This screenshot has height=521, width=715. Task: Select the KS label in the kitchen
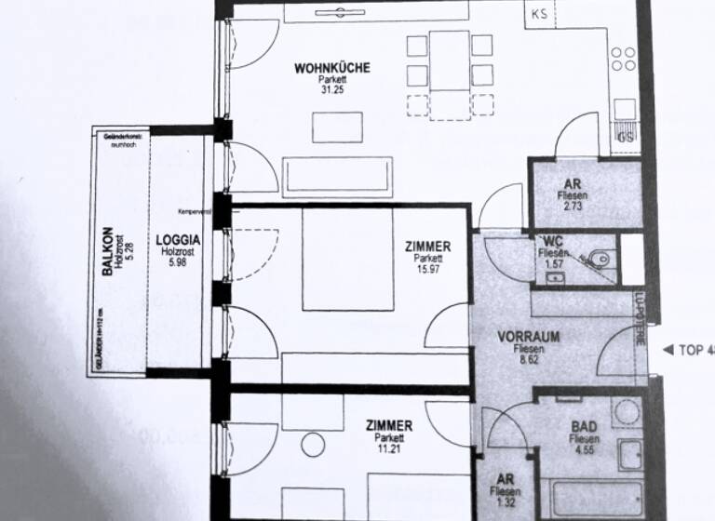coord(540,14)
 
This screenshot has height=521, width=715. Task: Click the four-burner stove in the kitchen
coord(624,60)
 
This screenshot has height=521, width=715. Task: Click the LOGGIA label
coord(179,238)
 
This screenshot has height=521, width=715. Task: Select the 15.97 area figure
coord(428,270)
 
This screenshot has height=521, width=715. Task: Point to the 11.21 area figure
coord(389,448)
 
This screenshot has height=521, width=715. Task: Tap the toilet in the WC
coord(600,258)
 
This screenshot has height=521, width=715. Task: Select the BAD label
coord(585,429)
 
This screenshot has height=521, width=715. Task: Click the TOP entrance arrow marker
coord(667,350)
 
